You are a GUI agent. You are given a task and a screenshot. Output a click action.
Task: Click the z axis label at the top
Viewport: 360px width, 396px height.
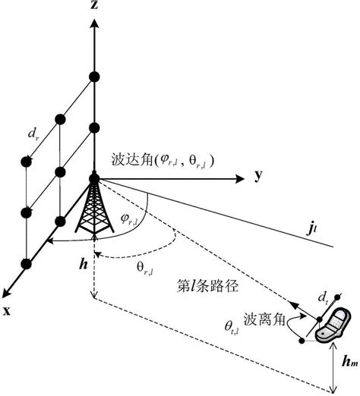[93, 6]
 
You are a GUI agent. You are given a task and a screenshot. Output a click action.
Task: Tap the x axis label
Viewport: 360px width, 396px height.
[8, 311]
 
